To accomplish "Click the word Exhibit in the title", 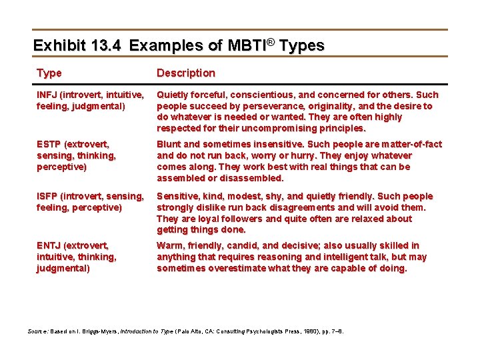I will [x=59, y=45].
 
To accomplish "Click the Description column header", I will [x=186, y=73].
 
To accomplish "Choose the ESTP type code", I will [x=48, y=144].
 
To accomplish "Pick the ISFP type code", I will [x=47, y=196].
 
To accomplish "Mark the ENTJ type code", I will [x=48, y=245].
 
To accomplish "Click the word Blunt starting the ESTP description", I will [x=169, y=144].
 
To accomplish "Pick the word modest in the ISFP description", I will [x=249, y=196].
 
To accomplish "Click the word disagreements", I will [x=316, y=207].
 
